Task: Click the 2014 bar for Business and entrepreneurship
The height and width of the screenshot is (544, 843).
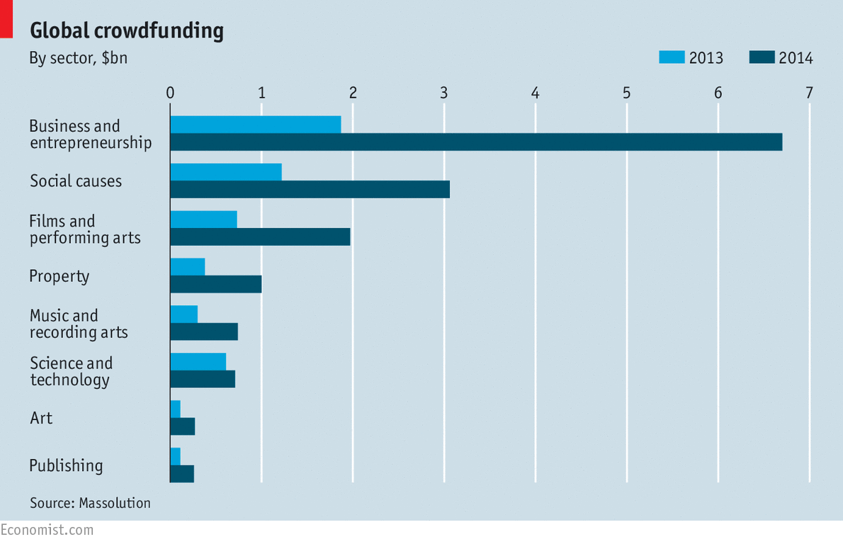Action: (x=476, y=142)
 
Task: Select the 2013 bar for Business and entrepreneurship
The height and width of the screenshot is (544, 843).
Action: (x=255, y=124)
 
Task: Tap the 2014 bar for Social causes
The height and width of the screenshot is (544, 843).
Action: (x=310, y=189)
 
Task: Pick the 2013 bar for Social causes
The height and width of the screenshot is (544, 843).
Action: (x=226, y=171)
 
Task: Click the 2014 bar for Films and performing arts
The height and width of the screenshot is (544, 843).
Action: (x=260, y=237)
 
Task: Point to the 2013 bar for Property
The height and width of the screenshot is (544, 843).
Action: (x=188, y=266)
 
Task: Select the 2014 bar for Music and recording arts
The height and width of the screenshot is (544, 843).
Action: (x=204, y=331)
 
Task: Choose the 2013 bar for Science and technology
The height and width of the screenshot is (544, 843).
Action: (x=198, y=361)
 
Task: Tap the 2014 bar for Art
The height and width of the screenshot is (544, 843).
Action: (x=183, y=426)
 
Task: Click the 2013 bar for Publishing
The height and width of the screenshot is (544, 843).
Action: (x=176, y=456)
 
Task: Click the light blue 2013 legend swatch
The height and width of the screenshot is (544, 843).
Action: (x=671, y=57)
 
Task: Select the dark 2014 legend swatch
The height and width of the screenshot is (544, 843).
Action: (x=761, y=57)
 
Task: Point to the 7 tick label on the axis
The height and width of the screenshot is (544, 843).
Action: (x=809, y=93)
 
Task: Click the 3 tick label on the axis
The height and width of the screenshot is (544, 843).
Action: (x=444, y=93)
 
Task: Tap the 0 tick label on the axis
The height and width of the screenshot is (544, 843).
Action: (x=170, y=93)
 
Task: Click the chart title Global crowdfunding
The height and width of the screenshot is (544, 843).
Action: (x=126, y=30)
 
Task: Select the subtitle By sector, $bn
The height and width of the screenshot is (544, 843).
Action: (x=78, y=58)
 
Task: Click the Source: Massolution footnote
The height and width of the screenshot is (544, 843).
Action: (x=90, y=503)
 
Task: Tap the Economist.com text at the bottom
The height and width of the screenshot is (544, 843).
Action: (x=47, y=530)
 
